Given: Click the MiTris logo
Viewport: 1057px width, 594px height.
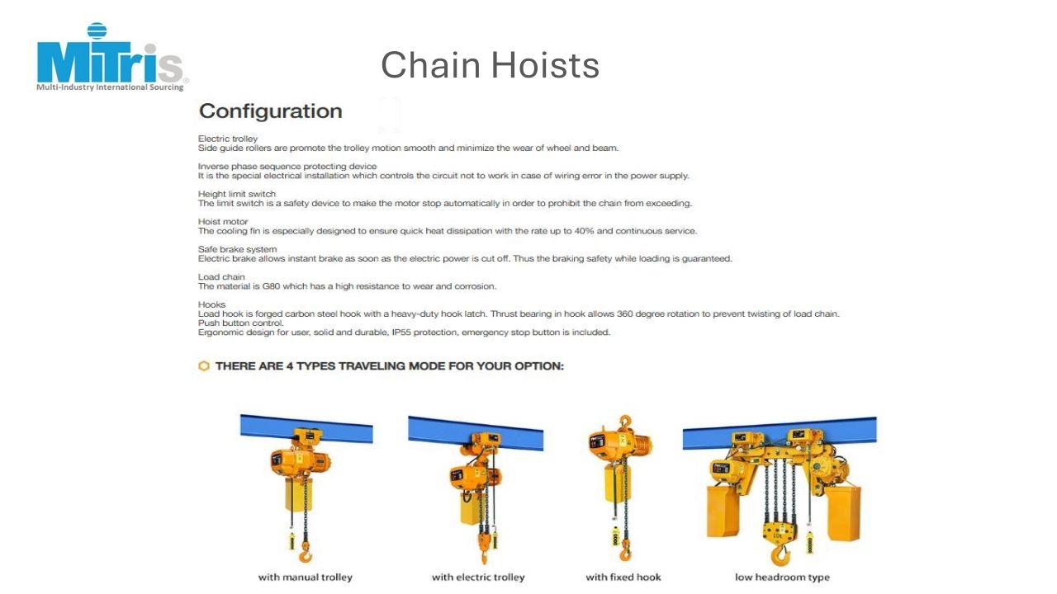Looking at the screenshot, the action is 112,57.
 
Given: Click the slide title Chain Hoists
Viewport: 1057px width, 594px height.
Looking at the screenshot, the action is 490,65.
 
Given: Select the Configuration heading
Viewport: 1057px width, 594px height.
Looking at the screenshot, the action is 270,111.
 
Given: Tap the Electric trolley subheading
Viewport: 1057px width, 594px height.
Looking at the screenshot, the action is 228,139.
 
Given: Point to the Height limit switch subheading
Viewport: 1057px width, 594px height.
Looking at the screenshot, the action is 237,194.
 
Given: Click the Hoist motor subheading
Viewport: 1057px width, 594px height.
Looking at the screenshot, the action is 223,222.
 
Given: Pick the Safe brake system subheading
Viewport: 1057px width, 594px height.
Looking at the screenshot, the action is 237,249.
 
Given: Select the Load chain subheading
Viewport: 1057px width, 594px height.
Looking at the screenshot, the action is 221,276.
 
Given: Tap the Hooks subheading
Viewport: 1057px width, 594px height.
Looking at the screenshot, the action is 212,304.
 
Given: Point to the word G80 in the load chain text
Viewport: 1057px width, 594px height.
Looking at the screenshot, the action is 272,286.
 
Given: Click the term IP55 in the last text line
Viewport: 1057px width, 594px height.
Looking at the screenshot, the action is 401,332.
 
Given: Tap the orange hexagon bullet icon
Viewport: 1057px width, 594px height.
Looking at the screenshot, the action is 204,365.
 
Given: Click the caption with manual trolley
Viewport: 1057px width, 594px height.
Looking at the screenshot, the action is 306,577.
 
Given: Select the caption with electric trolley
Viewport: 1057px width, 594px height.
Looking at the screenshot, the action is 478,577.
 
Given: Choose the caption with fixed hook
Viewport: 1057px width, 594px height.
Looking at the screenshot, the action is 623,577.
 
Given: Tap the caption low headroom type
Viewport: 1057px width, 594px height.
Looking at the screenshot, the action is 782,577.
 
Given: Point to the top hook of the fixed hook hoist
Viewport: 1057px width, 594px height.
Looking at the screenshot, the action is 625,421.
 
